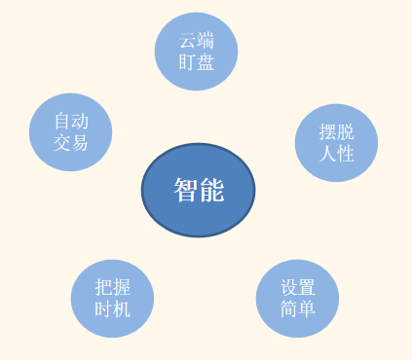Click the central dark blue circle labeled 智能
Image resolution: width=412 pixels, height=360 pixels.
pyautogui.click(x=198, y=191)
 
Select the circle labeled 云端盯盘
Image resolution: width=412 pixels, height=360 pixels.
pyautogui.click(x=196, y=52)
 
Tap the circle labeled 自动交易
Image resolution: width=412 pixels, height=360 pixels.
pyautogui.click(x=70, y=132)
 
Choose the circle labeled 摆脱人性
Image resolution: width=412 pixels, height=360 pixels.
pyautogui.click(x=336, y=142)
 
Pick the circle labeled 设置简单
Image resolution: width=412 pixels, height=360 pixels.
pyautogui.click(x=297, y=299)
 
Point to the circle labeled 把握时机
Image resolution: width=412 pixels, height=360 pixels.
pyautogui.click(x=112, y=299)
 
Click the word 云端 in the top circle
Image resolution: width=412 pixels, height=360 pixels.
pyautogui.click(x=196, y=42)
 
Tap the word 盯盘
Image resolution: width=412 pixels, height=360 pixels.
pyautogui.click(x=196, y=62)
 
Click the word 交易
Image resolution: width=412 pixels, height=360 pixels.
pyautogui.click(x=71, y=143)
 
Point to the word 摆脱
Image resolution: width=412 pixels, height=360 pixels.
pyautogui.click(x=337, y=132)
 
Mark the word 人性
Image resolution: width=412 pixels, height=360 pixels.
pyautogui.click(x=337, y=153)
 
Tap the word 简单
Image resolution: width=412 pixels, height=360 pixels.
pyautogui.click(x=298, y=309)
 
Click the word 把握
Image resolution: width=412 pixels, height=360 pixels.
pyautogui.click(x=113, y=289)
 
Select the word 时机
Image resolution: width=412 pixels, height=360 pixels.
pyautogui.click(x=113, y=309)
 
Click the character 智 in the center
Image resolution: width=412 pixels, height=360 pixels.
pyautogui.click(x=186, y=191)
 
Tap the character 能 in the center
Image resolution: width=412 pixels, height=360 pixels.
pyautogui.click(x=211, y=191)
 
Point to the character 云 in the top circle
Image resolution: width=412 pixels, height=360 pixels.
pyautogui.click(x=187, y=42)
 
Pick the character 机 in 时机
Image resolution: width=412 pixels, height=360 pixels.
pyautogui.click(x=122, y=309)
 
